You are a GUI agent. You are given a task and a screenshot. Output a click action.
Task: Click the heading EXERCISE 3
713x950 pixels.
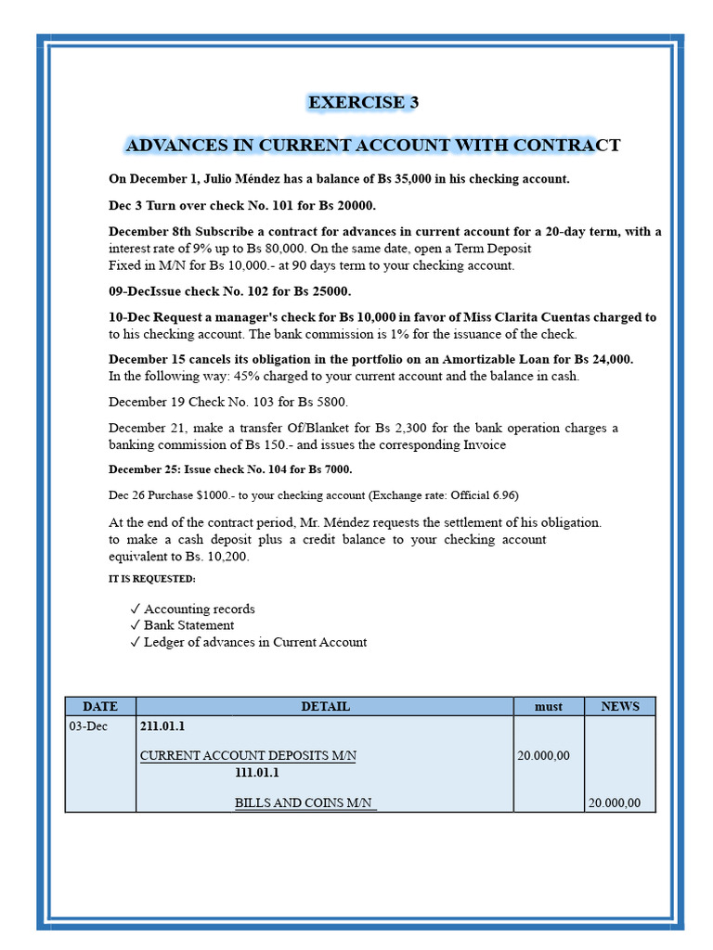[x=363, y=103]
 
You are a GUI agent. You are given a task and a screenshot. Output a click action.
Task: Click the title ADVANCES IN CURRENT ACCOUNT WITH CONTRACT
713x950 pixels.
[x=372, y=146]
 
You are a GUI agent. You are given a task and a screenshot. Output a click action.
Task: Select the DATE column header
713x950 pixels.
[x=100, y=707]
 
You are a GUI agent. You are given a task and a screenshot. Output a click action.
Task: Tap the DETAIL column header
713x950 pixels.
[x=325, y=707]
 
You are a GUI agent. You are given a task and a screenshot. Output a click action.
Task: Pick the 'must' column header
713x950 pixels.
[x=548, y=707]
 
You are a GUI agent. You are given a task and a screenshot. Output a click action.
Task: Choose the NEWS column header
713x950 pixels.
[x=619, y=707]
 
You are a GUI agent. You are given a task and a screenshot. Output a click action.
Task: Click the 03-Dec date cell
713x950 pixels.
[x=88, y=726]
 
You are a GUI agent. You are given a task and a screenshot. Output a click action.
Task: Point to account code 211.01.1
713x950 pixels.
[x=162, y=726]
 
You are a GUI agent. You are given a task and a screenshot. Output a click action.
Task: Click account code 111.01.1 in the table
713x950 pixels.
[x=257, y=773]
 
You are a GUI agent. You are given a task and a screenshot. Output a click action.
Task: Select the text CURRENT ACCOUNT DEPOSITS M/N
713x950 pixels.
[x=248, y=756]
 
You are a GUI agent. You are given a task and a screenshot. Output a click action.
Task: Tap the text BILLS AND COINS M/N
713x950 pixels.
[x=305, y=803]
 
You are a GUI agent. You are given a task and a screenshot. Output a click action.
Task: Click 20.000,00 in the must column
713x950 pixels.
[x=543, y=756]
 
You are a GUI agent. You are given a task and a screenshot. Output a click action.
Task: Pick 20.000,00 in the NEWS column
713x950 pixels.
[x=614, y=803]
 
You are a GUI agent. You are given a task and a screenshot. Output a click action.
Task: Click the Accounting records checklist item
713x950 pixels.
[x=199, y=610]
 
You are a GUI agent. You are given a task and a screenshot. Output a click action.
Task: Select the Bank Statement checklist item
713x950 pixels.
[x=188, y=625]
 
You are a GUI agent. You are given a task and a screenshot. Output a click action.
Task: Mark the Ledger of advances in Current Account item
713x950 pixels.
[x=254, y=642]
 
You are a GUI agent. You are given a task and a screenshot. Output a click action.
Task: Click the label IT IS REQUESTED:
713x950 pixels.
[x=152, y=579]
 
